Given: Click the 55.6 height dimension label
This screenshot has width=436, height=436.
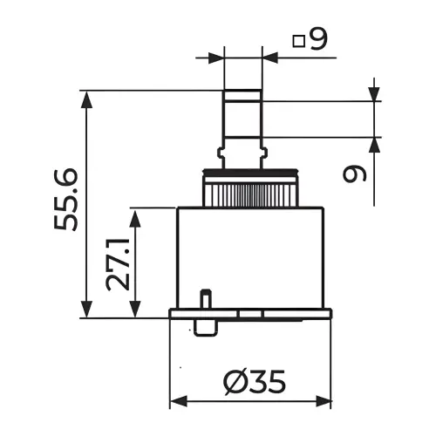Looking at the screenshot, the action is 66,200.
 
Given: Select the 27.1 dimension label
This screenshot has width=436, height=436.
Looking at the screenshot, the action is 118,264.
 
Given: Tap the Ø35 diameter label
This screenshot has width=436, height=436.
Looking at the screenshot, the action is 255,382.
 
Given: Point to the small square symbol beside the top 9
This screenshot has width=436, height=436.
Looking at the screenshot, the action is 298,41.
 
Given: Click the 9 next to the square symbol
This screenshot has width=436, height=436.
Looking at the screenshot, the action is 318,39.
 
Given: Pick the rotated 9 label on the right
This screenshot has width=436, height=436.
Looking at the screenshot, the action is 355,174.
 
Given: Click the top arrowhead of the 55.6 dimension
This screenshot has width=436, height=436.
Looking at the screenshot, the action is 86,99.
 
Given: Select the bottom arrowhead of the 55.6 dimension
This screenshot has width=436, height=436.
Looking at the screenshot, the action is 86,310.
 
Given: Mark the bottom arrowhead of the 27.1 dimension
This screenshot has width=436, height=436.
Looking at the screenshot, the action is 135,309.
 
